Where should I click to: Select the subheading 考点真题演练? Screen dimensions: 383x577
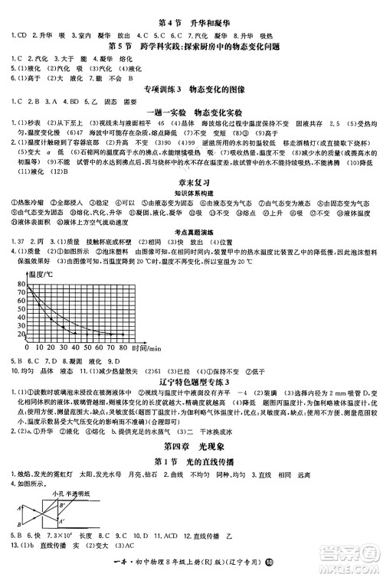191,251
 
